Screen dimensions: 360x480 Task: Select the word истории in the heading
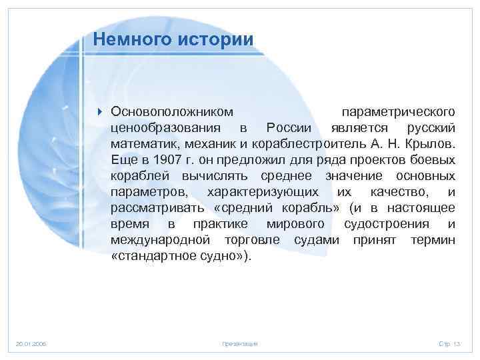pos(215,39)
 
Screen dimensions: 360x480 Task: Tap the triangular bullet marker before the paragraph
pos(99,109)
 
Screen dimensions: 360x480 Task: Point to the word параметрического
pos(398,109)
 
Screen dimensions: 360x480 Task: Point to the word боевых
pos(434,160)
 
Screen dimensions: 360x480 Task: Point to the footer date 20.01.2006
pos(31,343)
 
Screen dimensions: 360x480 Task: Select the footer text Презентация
pos(239,343)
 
